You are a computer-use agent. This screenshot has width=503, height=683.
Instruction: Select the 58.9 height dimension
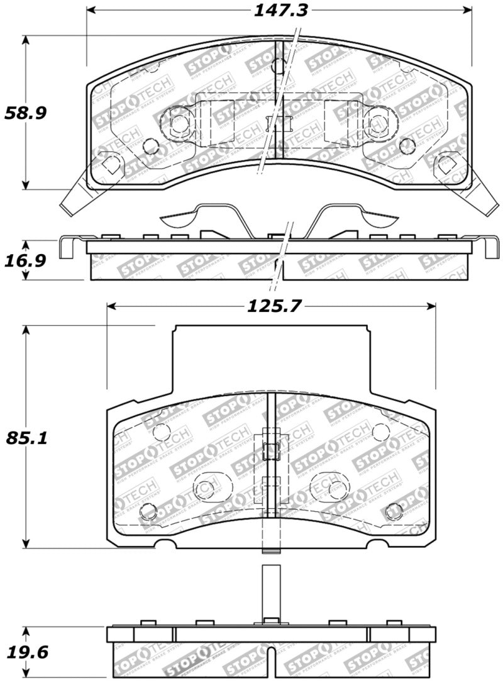point(25,113)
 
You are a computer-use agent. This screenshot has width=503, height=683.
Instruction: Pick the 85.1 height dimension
point(25,437)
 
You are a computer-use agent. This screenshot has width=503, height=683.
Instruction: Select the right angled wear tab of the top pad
point(485,192)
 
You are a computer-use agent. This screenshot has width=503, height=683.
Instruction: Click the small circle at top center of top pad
point(279,65)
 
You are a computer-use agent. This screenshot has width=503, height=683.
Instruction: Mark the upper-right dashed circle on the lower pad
point(380,432)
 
